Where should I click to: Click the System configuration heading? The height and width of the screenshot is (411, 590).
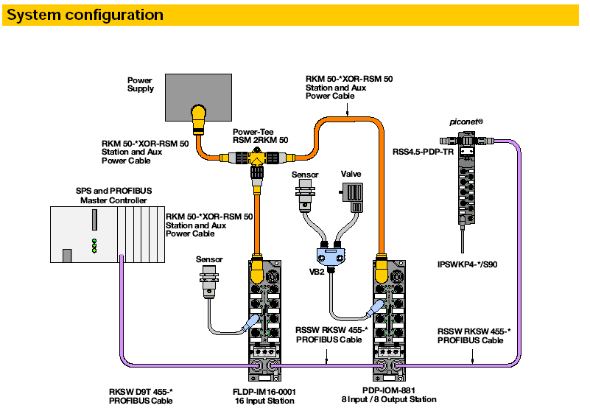pyautogui.click(x=85, y=15)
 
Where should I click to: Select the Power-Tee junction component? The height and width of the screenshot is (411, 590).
pyautogui.click(x=258, y=157)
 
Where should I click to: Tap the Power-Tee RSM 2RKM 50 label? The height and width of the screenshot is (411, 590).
pyautogui.click(x=260, y=134)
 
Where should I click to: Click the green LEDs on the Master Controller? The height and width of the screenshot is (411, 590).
pyautogui.click(x=94, y=245)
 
